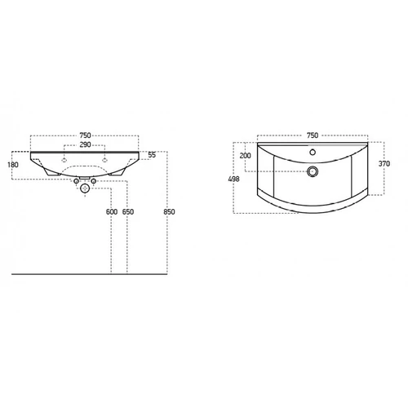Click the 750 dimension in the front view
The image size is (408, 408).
pyautogui.click(x=85, y=135)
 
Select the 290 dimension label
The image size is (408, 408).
pyautogui.click(x=85, y=144)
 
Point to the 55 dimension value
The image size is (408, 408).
pyautogui.click(x=152, y=155)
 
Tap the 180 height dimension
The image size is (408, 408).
pyautogui.click(x=13, y=165)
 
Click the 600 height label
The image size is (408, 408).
pyautogui.click(x=112, y=211)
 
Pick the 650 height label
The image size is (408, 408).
pyautogui.click(x=128, y=211)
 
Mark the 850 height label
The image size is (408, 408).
pyautogui.click(x=169, y=211)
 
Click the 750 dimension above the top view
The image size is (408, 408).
pyautogui.click(x=313, y=135)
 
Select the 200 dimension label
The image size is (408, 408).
pyautogui.click(x=245, y=156)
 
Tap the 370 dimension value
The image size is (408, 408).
pyautogui.click(x=384, y=163)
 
